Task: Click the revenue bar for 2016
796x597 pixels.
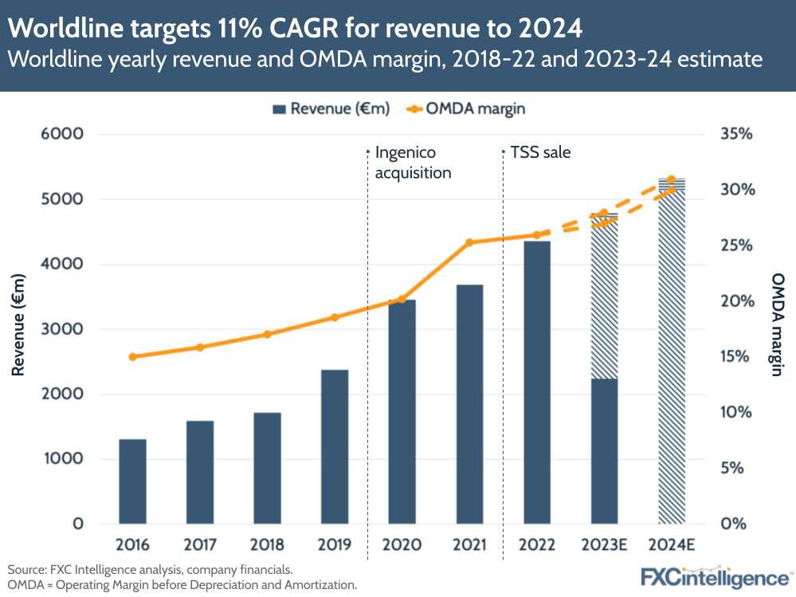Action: (x=132, y=481)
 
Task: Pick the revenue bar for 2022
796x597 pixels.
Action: (x=537, y=383)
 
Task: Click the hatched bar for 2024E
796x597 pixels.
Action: (x=672, y=351)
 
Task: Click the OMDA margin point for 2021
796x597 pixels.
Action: (x=469, y=242)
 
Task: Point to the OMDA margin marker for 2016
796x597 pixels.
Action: (x=132, y=357)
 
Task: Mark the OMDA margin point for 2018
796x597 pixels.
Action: (x=268, y=335)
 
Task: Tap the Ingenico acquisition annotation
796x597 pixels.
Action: (x=413, y=162)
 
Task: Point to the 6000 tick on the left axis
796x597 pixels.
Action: (x=62, y=134)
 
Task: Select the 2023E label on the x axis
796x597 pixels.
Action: (x=604, y=545)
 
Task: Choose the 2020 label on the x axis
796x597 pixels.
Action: (x=402, y=545)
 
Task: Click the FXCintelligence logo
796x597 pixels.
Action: (x=716, y=576)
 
